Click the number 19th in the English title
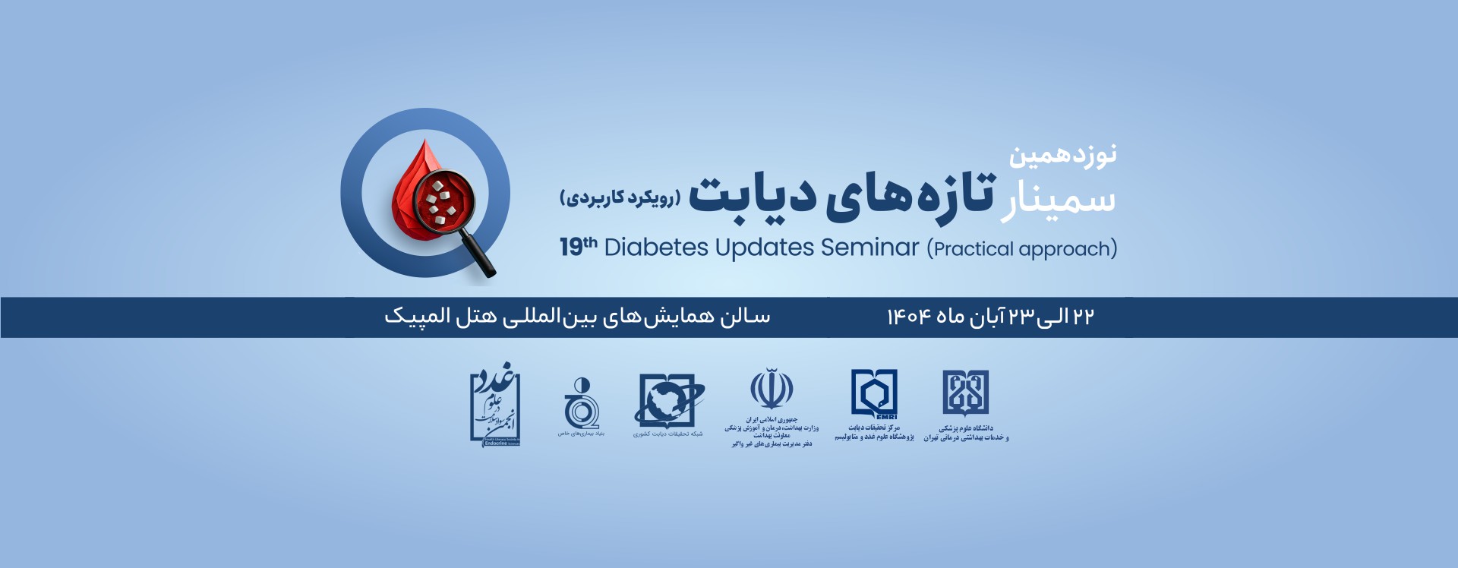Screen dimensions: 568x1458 pyautogui.click(x=578, y=247)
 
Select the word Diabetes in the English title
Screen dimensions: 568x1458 pyautogui.click(x=656, y=248)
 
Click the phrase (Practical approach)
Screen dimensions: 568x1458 pyautogui.click(x=1021, y=249)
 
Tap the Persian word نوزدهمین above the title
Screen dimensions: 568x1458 pyautogui.click(x=1062, y=156)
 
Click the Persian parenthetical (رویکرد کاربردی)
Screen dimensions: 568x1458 pyautogui.click(x=620, y=198)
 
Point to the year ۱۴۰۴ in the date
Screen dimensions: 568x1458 pyautogui.click(x=908, y=317)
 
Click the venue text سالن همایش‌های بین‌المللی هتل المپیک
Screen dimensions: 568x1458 pyautogui.click(x=577, y=317)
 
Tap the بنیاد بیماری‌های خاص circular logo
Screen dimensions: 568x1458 pyautogui.click(x=581, y=404)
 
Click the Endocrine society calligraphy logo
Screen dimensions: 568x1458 pyautogui.click(x=494, y=404)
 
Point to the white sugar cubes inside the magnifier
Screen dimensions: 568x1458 pyautogui.click(x=439, y=202)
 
